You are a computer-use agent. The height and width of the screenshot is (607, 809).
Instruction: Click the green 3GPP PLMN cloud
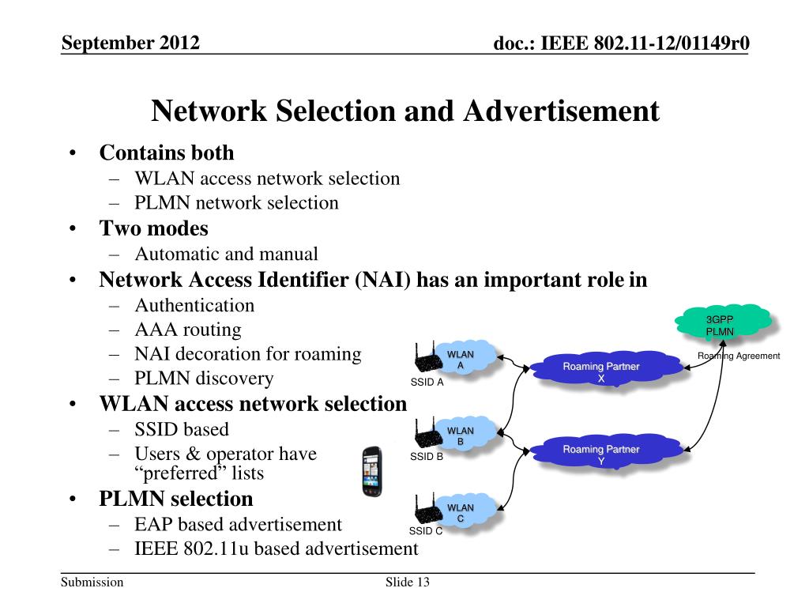[723, 322]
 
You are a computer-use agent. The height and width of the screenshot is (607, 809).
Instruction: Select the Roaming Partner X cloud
[608, 368]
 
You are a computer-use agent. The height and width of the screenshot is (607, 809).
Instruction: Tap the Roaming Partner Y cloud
[608, 451]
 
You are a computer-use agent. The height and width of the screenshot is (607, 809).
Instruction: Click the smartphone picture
[372, 472]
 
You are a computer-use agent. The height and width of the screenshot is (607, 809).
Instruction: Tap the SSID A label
[427, 383]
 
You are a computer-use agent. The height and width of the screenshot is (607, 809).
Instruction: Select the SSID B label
[426, 457]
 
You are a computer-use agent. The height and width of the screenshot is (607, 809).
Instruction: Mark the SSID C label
[426, 531]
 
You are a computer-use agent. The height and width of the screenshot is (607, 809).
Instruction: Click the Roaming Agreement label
[739, 356]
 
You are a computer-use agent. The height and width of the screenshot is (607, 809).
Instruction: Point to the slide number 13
[423, 582]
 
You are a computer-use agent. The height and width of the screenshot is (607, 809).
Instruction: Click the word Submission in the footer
[92, 582]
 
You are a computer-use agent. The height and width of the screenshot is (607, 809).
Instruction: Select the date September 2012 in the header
[130, 43]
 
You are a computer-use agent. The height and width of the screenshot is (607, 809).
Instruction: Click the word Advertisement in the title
[562, 111]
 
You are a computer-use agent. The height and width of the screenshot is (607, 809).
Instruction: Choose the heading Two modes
[154, 228]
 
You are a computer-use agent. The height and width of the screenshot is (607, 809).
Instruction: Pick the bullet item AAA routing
[188, 330]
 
